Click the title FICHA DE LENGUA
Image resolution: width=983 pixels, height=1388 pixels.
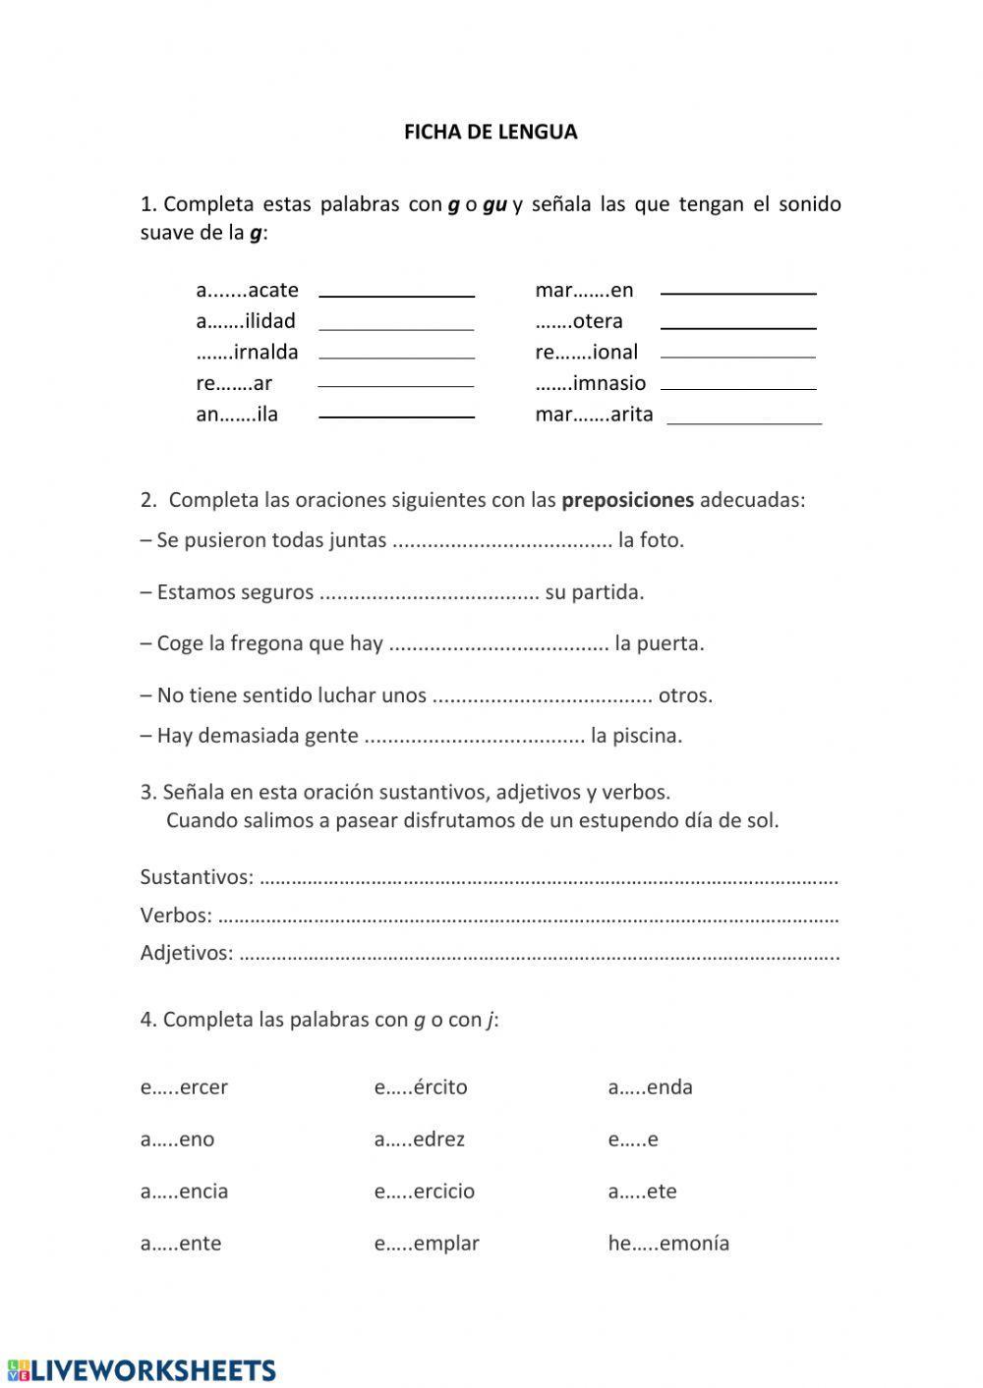491,132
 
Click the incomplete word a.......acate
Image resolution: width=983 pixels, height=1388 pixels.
247,290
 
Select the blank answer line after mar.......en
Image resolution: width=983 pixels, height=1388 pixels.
738,292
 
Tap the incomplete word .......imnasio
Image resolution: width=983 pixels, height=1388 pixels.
591,383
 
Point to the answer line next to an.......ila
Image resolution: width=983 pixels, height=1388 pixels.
396,416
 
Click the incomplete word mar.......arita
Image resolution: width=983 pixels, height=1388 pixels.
594,415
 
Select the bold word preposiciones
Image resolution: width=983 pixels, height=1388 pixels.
627,500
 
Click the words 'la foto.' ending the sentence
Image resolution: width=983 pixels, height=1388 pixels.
651,540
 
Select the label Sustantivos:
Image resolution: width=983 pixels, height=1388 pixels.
197,877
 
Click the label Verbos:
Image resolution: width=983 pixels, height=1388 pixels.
176,916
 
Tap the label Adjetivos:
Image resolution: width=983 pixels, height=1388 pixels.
187,953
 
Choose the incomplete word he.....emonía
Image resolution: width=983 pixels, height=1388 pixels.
668,1244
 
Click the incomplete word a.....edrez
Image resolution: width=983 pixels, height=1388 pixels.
419,1139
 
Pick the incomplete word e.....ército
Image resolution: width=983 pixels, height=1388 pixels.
420,1087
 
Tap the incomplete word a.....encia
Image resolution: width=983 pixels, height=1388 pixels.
184,1192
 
